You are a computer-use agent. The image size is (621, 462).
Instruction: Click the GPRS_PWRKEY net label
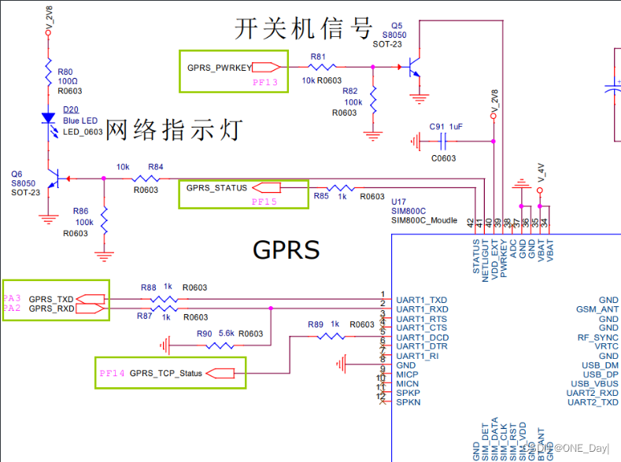point(220,67)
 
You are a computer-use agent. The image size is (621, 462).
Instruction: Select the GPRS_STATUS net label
point(216,188)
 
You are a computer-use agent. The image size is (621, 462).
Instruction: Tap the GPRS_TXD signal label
point(51,299)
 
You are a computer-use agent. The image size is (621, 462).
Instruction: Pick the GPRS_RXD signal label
point(51,309)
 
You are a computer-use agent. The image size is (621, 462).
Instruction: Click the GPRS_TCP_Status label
point(166,373)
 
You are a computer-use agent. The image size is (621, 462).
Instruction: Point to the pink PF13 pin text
point(264,81)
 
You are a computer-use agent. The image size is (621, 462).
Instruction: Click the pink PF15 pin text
point(264,201)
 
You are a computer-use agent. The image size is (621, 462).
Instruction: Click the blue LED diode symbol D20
point(48,118)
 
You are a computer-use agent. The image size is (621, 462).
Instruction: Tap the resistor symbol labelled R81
point(323,68)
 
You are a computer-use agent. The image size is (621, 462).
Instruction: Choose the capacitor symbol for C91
point(443,141)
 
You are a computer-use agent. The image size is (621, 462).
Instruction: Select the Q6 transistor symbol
point(53,179)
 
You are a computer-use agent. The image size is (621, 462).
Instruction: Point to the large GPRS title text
point(286,249)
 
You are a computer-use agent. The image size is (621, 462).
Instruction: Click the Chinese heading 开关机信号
point(303,29)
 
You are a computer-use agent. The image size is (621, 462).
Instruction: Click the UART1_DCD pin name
point(422,337)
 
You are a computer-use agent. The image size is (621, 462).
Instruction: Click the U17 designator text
point(399,201)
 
